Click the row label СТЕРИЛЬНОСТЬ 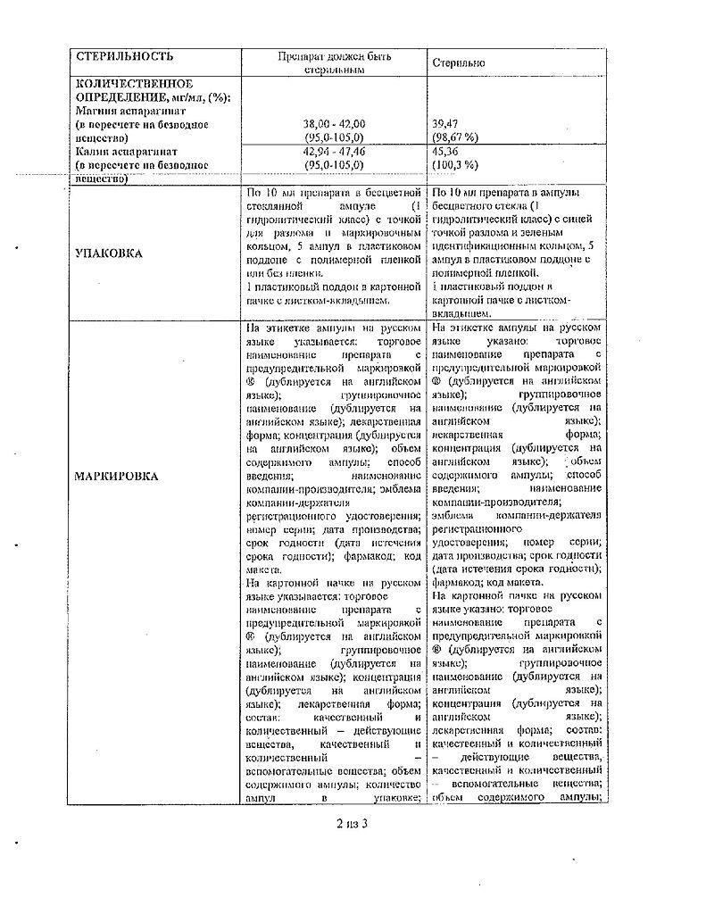(124, 57)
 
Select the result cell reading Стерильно (459, 63)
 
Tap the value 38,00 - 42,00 (335, 124)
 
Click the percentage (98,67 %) (455, 138)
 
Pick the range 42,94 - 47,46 (335, 152)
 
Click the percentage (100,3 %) (455, 165)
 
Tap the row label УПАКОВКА (108, 253)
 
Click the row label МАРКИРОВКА (117, 476)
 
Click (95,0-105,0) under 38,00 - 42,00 (335, 138)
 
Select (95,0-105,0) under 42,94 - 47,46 (335, 165)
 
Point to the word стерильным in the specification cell (335, 70)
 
